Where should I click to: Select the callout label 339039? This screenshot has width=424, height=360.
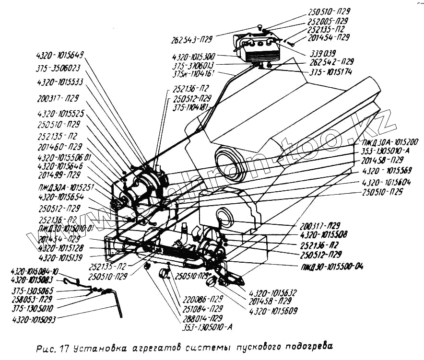click(x=324, y=53)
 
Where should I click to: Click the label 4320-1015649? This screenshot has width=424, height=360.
click(x=60, y=54)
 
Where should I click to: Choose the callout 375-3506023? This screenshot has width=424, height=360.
click(x=58, y=68)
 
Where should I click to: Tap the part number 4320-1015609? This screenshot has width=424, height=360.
click(x=273, y=311)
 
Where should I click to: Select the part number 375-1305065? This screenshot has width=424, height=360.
click(x=33, y=290)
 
